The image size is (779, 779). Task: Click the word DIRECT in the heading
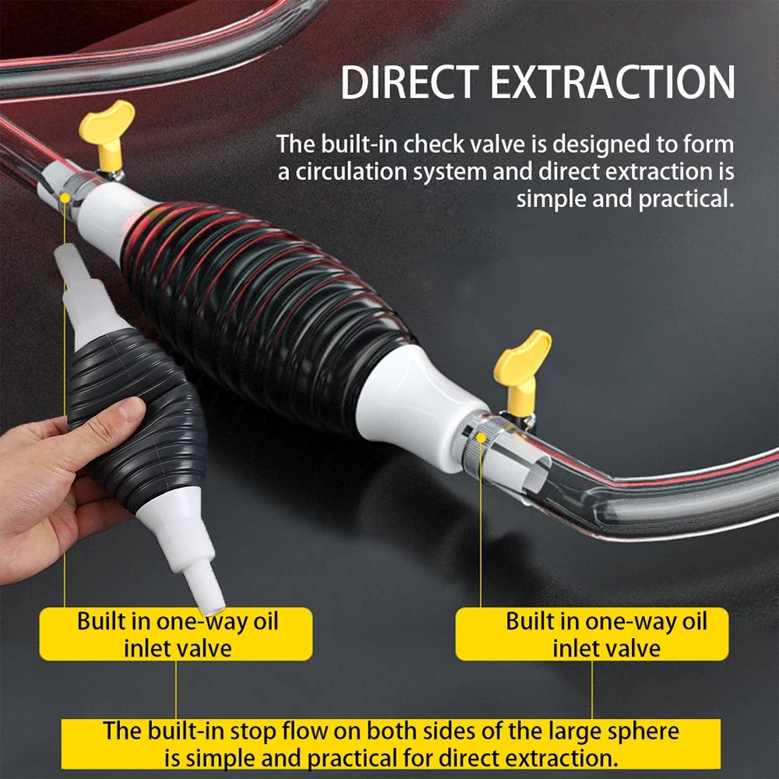410,82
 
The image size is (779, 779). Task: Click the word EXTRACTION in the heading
612,82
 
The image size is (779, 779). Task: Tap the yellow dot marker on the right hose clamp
481,438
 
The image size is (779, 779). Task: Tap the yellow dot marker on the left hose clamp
65,198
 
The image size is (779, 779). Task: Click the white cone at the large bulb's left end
111,219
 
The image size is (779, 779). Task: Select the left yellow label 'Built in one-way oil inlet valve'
176,634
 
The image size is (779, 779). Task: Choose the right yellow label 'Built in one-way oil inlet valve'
592,634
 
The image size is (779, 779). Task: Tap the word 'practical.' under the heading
686,199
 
